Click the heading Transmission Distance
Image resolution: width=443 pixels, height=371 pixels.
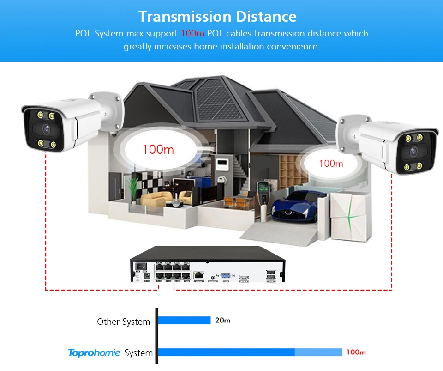point(217,17)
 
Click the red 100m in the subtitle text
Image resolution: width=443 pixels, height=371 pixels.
point(192,34)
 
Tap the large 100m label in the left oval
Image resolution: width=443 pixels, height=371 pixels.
point(158,149)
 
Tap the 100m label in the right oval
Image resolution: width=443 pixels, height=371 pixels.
point(331,164)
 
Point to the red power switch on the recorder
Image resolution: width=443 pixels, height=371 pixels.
point(144,267)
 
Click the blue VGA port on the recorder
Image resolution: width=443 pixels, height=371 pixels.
point(227,273)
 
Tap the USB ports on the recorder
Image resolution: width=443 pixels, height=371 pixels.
point(270,274)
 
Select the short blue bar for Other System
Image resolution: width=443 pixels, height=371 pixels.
point(185,320)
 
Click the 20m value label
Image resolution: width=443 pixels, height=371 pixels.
point(223,320)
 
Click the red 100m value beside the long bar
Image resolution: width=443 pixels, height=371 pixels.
point(356,352)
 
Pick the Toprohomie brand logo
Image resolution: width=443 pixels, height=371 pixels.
point(94,353)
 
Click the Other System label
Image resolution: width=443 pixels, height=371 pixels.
point(123,322)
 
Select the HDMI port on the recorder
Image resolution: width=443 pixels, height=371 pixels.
point(244,274)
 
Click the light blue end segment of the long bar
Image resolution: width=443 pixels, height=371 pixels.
point(318,352)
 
